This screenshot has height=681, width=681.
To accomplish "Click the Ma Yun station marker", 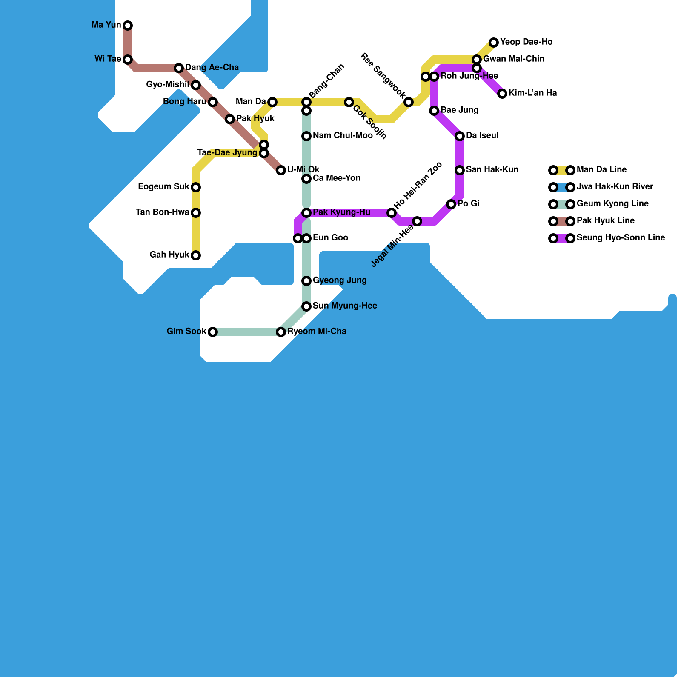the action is click(x=128, y=26).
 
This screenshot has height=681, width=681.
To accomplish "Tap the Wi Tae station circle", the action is click(x=128, y=60).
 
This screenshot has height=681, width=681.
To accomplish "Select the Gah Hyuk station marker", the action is click(x=196, y=255).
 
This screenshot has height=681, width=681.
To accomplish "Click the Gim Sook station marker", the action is click(x=213, y=332).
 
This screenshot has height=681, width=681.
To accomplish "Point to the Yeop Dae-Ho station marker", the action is click(x=494, y=43).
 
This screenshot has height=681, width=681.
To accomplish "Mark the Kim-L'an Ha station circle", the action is click(x=502, y=94).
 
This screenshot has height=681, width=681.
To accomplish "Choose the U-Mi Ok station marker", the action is click(x=281, y=170).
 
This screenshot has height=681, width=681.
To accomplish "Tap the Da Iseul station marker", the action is click(x=460, y=136).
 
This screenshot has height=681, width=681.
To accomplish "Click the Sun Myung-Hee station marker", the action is click(x=306, y=306).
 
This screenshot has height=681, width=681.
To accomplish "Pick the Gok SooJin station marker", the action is click(x=349, y=102).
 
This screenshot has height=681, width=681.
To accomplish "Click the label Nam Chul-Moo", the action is click(x=343, y=136).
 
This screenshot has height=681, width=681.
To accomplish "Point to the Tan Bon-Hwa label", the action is click(x=162, y=212).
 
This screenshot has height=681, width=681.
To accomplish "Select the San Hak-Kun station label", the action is click(x=492, y=170).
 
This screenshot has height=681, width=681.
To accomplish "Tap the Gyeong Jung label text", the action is click(x=340, y=280).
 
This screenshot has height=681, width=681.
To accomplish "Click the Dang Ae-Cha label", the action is click(x=212, y=68).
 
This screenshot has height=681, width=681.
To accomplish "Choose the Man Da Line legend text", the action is click(x=601, y=170).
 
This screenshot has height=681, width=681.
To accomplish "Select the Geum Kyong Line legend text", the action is click(x=612, y=204).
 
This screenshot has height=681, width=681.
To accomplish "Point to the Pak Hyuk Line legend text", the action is click(x=606, y=221).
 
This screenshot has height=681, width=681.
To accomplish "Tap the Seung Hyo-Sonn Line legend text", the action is click(x=621, y=238).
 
